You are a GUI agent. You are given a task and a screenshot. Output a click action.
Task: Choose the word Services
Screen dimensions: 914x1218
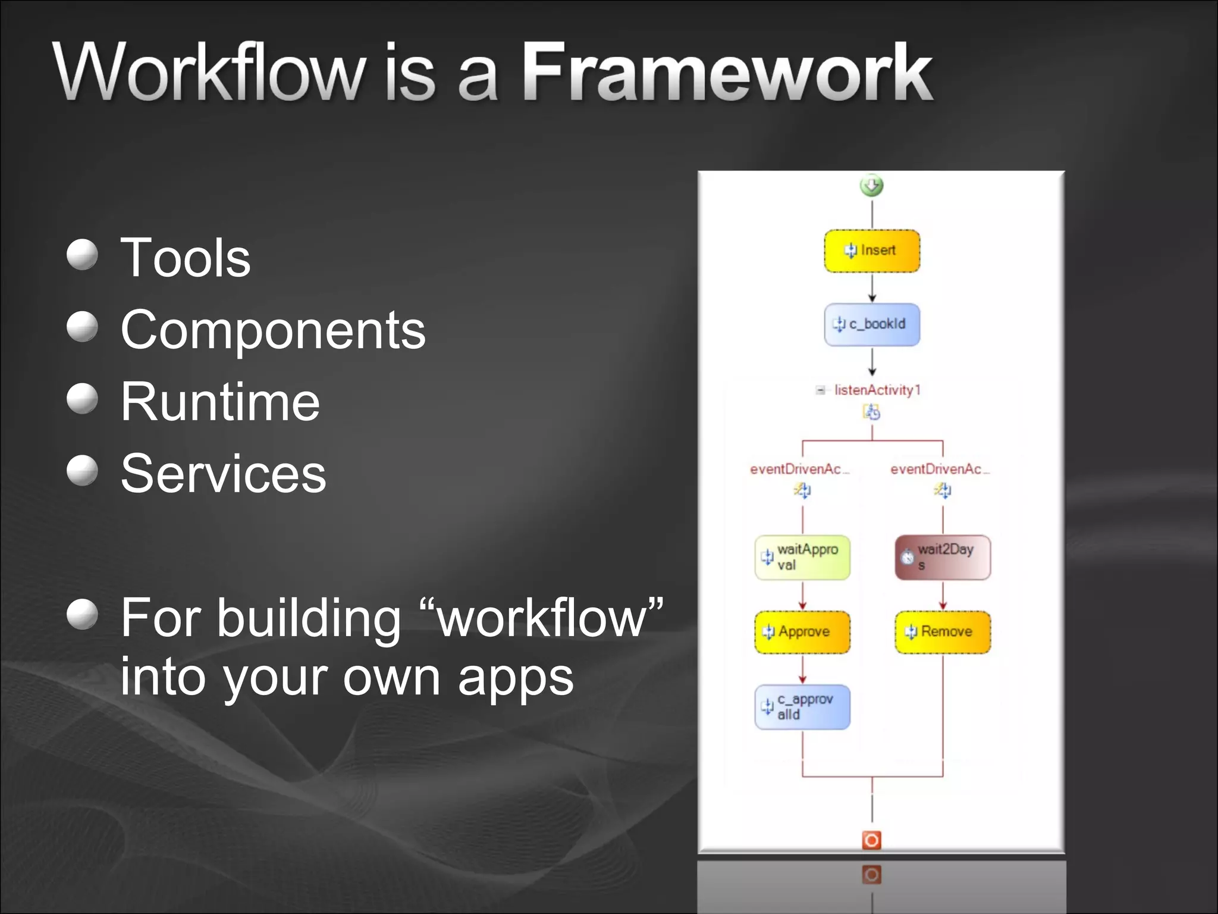pos(223,474)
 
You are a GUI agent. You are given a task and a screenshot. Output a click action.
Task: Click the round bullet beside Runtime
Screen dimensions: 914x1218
pos(82,398)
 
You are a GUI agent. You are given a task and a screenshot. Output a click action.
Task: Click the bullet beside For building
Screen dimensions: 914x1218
pos(82,614)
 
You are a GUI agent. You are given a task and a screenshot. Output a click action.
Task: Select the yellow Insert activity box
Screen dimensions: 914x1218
pos(872,251)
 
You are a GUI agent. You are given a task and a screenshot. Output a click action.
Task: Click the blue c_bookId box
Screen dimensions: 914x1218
pos(872,324)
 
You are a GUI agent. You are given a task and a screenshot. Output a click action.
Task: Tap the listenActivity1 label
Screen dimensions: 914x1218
pos(877,390)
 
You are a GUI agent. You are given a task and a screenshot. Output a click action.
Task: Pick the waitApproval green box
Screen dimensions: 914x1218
pos(802,558)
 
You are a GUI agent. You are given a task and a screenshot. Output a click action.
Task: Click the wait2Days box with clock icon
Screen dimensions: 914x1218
pos(943,558)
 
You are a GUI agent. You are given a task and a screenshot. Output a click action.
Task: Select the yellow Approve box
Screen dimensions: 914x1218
pos(802,632)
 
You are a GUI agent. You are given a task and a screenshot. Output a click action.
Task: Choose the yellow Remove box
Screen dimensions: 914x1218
pos(943,632)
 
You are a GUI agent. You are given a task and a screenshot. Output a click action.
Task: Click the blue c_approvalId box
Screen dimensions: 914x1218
pos(802,707)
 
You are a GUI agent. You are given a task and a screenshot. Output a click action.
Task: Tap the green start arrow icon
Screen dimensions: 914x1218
pos(872,186)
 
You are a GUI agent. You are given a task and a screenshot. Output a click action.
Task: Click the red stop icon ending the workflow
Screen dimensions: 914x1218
pos(872,840)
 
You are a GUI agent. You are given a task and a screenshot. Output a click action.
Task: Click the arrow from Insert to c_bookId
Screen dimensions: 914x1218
pos(872,289)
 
